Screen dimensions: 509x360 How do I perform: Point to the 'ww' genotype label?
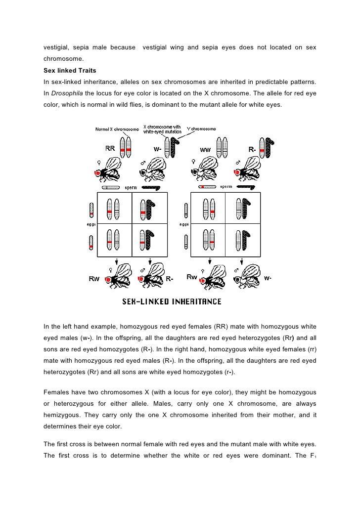pos(206,149)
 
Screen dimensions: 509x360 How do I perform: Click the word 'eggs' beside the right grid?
pos(184,224)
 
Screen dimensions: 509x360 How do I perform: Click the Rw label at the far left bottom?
pos(94,278)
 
